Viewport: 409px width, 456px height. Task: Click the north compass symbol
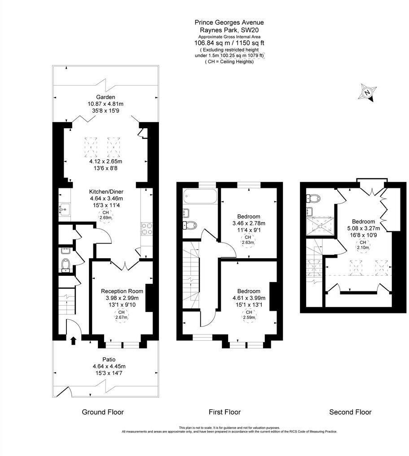pyautogui.click(x=368, y=92)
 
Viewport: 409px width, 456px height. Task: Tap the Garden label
pyautogui.click(x=106, y=97)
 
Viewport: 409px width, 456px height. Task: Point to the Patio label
pyautogui.click(x=109, y=360)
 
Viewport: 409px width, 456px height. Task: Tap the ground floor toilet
pyautogui.click(x=66, y=265)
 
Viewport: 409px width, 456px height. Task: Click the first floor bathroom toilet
pyautogui.click(x=189, y=225)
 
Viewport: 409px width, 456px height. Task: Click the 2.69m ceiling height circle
pyautogui.click(x=106, y=215)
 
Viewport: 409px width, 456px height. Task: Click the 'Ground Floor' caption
pyautogui.click(x=102, y=412)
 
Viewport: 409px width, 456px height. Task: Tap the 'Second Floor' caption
pyautogui.click(x=350, y=412)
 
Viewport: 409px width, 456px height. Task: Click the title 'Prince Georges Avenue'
pyautogui.click(x=229, y=22)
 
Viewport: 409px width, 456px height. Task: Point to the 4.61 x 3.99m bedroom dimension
pyautogui.click(x=249, y=298)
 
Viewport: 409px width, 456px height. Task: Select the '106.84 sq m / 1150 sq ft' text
pyautogui.click(x=229, y=43)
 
